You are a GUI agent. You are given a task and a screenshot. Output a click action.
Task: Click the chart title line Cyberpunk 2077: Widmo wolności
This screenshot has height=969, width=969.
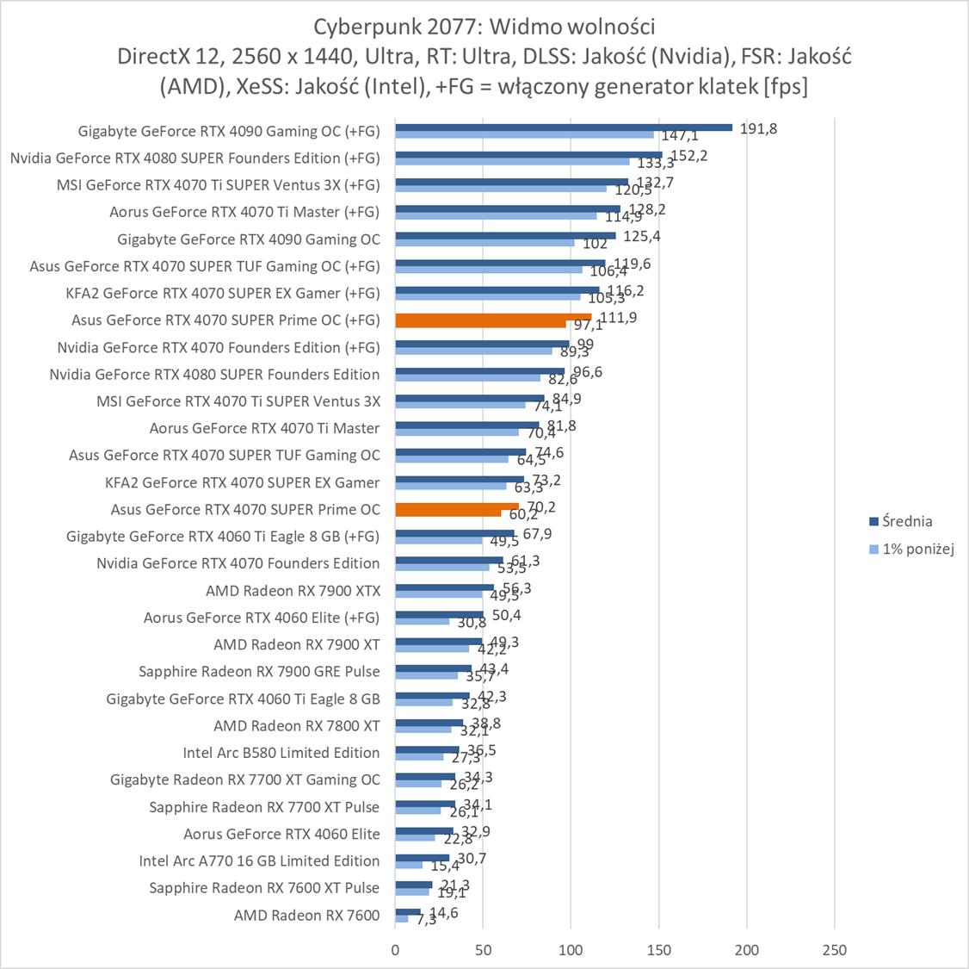[x=484, y=24]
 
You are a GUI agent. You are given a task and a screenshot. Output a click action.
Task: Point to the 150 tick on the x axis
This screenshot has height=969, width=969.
[x=659, y=950]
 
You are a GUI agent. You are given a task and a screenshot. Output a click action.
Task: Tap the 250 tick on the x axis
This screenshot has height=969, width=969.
[x=835, y=950]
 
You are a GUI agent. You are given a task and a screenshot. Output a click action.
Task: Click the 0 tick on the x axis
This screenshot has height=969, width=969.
[x=395, y=950]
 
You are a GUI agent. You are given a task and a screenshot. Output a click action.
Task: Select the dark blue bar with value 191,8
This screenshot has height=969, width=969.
[x=564, y=127]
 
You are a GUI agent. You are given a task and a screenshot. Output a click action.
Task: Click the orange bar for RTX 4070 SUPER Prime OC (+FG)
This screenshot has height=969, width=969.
[x=493, y=317]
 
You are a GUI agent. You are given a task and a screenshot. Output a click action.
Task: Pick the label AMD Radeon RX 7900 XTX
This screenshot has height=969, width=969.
[x=293, y=590]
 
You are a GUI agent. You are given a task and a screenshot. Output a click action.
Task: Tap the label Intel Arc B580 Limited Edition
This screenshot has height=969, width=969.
[x=281, y=752]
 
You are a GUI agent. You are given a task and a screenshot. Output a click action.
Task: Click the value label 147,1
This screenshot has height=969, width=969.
[x=679, y=136]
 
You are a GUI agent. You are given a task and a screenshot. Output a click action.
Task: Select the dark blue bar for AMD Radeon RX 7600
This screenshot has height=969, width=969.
[x=408, y=911]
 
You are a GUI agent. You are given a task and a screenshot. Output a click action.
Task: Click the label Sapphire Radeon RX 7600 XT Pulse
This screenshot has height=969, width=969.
[x=264, y=887]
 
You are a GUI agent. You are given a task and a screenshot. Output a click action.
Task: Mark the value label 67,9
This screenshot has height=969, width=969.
[x=537, y=534]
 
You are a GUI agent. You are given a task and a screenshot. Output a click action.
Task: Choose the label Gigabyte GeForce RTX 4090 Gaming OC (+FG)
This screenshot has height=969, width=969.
[x=229, y=131]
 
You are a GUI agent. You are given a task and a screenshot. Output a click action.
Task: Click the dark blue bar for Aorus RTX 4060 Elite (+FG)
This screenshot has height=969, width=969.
[x=439, y=614]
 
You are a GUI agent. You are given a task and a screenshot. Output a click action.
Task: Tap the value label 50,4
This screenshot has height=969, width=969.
[x=505, y=615]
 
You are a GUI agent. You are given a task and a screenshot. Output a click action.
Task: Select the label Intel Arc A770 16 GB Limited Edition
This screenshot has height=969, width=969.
[x=259, y=860]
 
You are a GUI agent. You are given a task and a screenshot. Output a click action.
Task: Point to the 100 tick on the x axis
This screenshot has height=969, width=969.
[x=571, y=950]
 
